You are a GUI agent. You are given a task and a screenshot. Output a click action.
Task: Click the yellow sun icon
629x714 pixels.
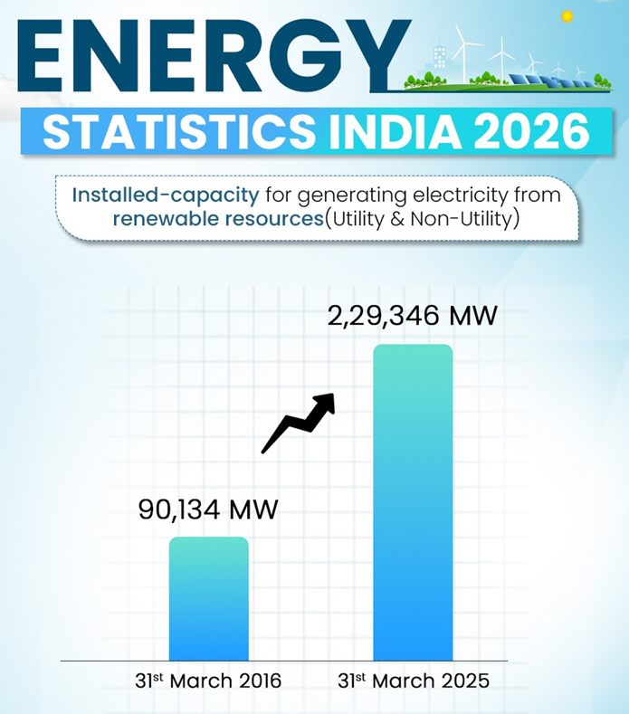[567, 15]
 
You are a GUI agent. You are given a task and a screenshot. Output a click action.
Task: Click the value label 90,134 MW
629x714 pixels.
[207, 509]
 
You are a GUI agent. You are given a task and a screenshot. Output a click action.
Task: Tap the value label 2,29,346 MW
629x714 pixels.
[412, 317]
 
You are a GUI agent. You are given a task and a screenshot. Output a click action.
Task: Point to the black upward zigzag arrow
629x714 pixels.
[299, 422]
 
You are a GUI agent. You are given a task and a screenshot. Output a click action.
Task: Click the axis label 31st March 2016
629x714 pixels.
[203, 681]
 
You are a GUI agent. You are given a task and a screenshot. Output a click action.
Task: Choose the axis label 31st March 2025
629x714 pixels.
[413, 681]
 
